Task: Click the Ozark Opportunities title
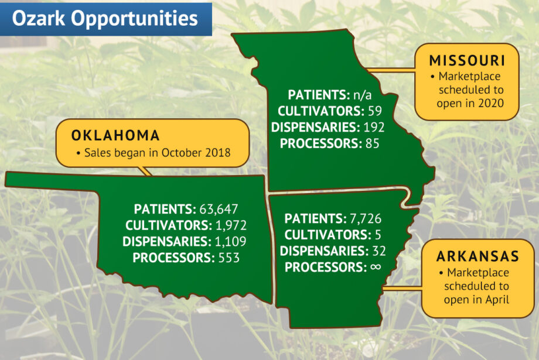[x=105, y=18]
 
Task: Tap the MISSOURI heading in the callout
[x=467, y=61]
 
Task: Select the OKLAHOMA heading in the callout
[x=115, y=136]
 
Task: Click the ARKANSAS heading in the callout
[x=477, y=257]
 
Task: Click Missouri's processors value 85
[x=371, y=143]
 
